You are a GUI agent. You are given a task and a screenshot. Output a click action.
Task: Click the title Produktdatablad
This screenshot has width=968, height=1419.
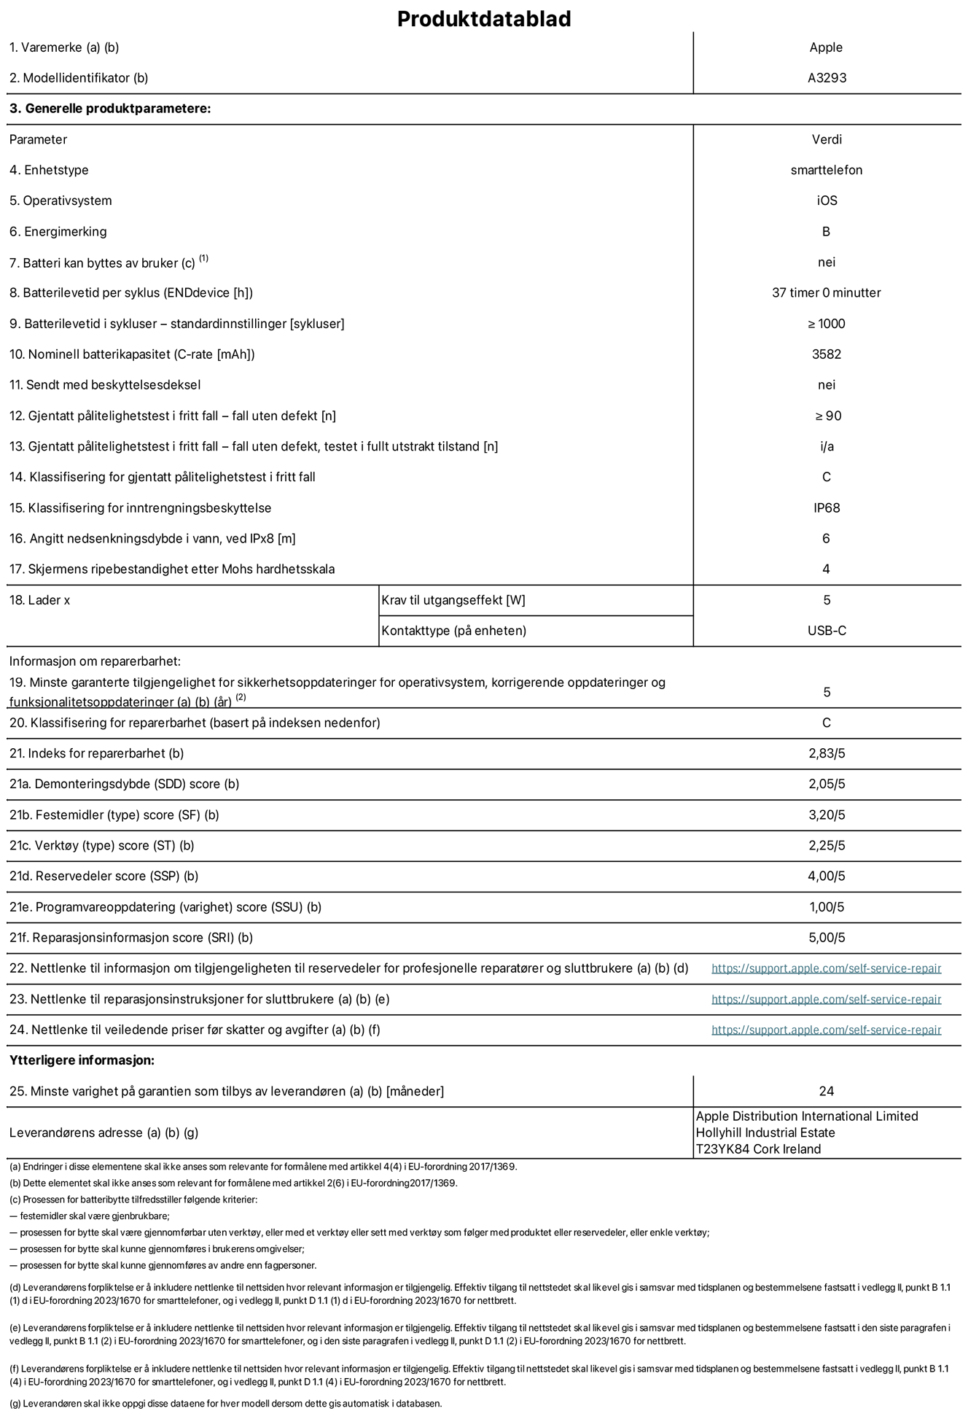tap(483, 19)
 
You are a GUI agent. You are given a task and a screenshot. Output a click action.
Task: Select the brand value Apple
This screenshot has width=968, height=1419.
tap(826, 47)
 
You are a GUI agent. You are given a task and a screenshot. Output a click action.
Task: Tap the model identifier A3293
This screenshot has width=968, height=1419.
tap(827, 78)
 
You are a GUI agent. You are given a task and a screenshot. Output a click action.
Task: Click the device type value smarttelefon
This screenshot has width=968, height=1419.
tap(826, 170)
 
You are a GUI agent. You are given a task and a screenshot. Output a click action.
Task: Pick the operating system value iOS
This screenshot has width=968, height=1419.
tap(827, 201)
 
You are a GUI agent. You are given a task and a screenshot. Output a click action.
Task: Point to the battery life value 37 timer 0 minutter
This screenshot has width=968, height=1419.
tap(826, 292)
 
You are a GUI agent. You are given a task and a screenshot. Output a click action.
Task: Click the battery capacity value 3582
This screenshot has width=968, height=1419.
tap(826, 354)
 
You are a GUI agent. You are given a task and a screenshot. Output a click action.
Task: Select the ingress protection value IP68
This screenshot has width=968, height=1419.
tap(826, 508)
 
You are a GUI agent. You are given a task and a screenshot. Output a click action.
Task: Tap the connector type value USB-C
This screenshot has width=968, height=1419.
tap(826, 631)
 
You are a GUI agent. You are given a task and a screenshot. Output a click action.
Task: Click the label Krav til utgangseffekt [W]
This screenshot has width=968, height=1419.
tap(453, 600)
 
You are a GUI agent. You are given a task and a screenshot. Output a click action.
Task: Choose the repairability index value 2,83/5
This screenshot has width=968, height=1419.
tap(826, 753)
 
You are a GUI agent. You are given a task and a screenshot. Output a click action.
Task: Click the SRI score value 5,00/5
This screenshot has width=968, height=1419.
tap(826, 938)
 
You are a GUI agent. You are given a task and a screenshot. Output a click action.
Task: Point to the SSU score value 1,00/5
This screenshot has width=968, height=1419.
tap(826, 907)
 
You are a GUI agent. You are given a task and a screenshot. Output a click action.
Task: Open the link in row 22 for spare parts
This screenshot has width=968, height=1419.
tap(826, 968)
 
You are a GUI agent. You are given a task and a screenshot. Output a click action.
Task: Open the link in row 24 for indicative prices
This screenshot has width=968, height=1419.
tap(826, 1030)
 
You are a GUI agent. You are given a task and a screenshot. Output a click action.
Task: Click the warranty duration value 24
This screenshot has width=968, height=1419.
tap(826, 1092)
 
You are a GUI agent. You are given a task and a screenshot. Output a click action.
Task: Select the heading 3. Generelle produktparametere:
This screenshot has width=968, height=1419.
tap(110, 109)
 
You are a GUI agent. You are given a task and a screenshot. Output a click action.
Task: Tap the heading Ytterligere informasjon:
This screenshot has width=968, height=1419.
tap(82, 1060)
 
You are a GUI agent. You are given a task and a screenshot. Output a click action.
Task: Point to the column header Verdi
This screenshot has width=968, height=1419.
tap(827, 139)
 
